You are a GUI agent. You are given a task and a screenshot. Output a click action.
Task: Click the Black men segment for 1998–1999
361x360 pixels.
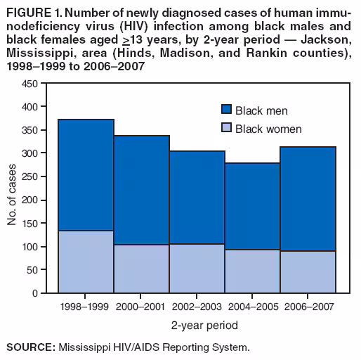(86, 175)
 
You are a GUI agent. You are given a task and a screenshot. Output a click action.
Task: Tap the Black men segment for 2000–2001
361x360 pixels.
(141, 190)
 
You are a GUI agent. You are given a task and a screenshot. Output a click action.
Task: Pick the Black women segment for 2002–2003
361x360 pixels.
(197, 268)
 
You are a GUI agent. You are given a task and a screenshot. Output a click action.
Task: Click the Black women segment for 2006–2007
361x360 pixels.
(308, 271)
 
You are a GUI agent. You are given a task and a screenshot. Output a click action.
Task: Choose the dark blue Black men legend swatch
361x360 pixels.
(226, 110)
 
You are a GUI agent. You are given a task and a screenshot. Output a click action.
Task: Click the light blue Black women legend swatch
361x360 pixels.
(226, 128)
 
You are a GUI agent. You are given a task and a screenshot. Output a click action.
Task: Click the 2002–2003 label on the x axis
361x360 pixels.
(197, 307)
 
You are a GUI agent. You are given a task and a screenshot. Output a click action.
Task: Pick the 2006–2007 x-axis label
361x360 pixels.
(308, 307)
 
